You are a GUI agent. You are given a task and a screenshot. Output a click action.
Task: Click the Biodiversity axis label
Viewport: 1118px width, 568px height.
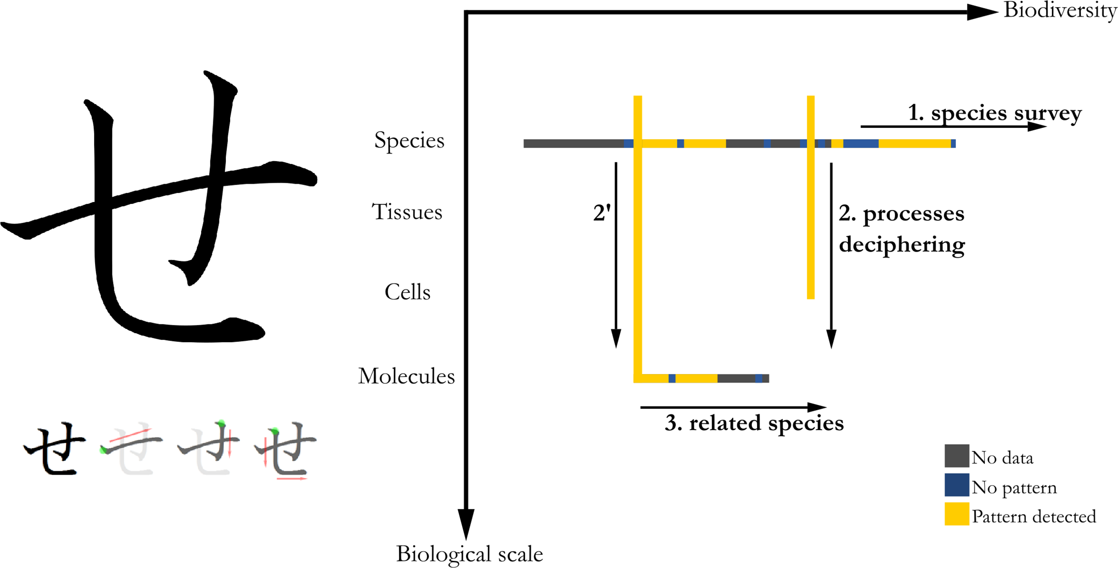pos(1059,10)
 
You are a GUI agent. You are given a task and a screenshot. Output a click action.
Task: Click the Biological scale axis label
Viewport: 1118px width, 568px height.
pos(469,553)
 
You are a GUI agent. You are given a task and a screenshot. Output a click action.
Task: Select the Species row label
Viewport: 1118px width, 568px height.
pos(409,140)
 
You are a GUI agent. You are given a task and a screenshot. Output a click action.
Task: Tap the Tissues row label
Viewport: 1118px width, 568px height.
pos(407,212)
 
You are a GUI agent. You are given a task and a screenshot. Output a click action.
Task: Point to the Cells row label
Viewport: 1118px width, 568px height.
pos(407,292)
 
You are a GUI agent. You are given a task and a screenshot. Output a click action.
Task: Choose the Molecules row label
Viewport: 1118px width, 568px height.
pos(406,376)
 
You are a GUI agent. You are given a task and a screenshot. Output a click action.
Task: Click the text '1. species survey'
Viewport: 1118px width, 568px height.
pos(995,113)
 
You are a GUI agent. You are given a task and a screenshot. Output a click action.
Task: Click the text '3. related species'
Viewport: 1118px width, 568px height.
pos(754,423)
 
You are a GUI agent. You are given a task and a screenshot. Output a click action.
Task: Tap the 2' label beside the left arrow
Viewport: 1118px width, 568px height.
pos(602,213)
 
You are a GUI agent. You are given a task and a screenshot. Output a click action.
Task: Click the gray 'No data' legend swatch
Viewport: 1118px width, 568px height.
pos(956,456)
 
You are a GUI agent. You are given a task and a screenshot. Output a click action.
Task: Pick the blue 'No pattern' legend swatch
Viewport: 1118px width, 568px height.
pos(956,485)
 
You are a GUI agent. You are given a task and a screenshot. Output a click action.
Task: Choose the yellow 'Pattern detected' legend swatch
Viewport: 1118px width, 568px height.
pos(956,514)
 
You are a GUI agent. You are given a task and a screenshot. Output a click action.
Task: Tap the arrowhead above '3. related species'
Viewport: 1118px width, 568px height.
pos(817,407)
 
